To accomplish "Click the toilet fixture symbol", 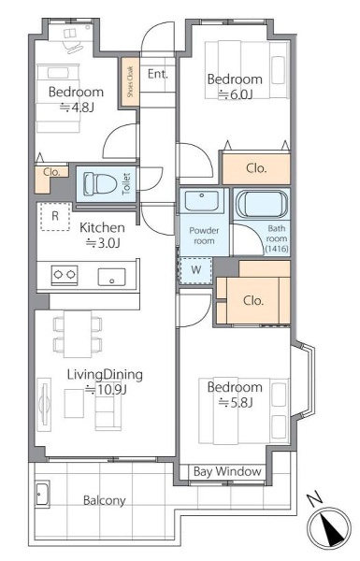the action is click(101, 184).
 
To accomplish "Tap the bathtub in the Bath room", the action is click(262, 205).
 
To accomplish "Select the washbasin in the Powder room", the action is click(201, 201).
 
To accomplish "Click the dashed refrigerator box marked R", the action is click(55, 216).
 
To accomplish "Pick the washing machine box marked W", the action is click(195, 270).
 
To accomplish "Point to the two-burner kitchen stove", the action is click(65, 275).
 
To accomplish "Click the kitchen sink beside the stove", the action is click(112, 278).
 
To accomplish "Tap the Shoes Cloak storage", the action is click(130, 82).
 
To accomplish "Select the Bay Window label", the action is click(227, 471).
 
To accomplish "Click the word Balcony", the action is click(104, 500).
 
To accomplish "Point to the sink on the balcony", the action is click(43, 494).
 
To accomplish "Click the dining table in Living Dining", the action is click(78, 334).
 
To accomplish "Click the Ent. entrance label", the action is click(158, 74).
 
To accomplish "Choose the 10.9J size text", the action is click(106, 389).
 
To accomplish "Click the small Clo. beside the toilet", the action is click(51, 172).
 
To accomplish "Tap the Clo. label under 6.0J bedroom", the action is click(256, 168).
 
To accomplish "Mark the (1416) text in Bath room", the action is click(276, 248).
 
